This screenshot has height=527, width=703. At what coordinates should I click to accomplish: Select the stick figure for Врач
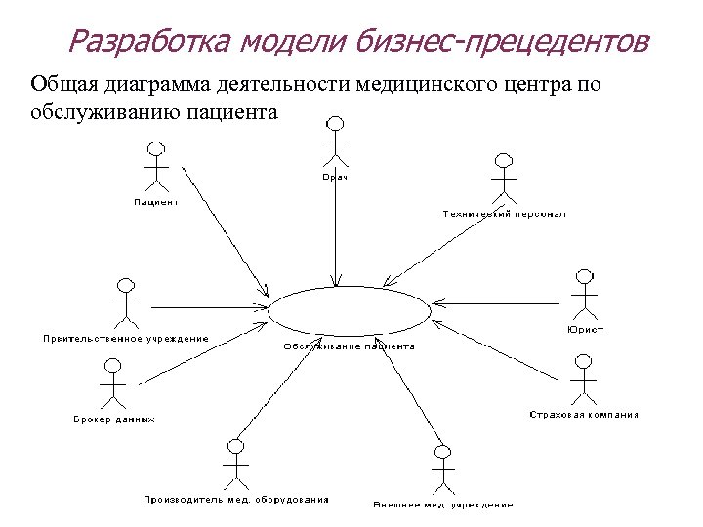pyautogui.click(x=335, y=142)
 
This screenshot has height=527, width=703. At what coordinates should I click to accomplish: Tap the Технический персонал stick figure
pyautogui.click(x=504, y=178)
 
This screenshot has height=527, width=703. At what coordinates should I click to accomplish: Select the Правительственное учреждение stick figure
pyautogui.click(x=124, y=302)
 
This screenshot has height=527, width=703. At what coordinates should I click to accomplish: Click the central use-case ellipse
pyautogui.click(x=349, y=310)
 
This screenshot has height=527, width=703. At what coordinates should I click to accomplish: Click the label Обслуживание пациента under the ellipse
pyautogui.click(x=349, y=346)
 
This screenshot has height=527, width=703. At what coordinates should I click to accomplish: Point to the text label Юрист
pyautogui.click(x=585, y=330)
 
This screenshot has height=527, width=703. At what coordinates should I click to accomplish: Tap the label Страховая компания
pyautogui.click(x=584, y=415)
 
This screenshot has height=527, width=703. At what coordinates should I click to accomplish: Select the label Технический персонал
pyautogui.click(x=504, y=213)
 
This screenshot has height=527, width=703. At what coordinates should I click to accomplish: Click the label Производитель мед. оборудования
pyautogui.click(x=236, y=500)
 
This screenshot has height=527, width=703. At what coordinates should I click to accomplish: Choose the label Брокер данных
pyautogui.click(x=114, y=419)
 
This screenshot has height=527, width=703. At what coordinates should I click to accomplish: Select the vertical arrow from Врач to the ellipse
pyautogui.click(x=335, y=234)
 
